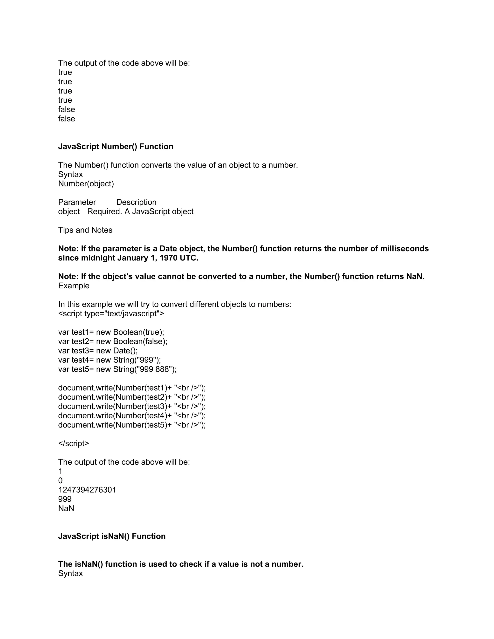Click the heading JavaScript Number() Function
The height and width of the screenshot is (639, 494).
[116, 147]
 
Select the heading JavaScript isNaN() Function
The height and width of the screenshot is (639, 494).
[112, 536]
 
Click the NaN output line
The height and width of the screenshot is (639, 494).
[66, 508]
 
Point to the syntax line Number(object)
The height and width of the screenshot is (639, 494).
[86, 184]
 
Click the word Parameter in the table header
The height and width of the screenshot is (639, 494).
[77, 202]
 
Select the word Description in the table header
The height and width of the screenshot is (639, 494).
[136, 202]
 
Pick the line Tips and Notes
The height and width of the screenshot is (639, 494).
[85, 230]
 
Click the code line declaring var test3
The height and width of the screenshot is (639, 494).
[98, 351]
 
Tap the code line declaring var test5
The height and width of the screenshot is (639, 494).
[117, 369]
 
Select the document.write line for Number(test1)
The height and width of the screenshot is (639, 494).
[132, 388]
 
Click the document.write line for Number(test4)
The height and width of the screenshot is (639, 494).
[132, 416]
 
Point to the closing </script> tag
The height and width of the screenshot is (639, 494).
[74, 443]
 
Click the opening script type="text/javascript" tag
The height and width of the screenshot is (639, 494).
[111, 314]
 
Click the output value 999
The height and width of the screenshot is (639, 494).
[65, 499]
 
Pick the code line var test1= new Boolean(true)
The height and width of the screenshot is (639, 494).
[111, 332]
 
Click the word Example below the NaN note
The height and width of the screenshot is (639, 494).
[74, 286]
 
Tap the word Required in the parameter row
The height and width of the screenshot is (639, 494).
[104, 211]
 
